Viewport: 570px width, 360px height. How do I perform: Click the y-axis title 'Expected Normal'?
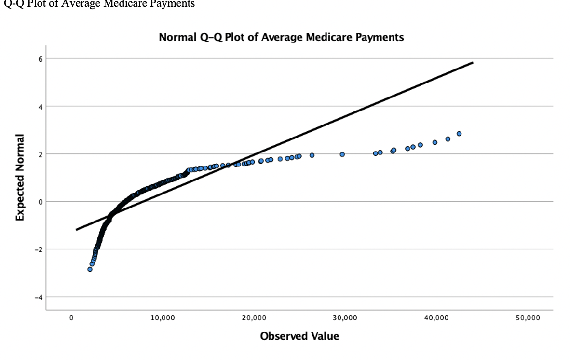coord(20,177)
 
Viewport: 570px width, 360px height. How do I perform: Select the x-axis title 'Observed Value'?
coord(299,336)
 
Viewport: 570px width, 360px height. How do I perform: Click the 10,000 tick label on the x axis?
coord(163,318)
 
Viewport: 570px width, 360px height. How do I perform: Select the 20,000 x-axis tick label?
coord(254,318)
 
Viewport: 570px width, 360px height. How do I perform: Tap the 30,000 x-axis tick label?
coord(345,318)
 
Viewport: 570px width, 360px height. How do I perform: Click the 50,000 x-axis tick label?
coord(527,318)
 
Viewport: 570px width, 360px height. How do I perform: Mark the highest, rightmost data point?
coord(459,134)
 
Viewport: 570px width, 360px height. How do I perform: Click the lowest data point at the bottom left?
coord(90,269)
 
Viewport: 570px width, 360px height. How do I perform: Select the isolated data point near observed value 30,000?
coord(342,154)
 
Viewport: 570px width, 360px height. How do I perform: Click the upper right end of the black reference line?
coord(473,63)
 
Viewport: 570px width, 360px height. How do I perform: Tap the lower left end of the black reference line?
coord(76,230)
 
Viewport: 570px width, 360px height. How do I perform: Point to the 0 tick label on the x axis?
coord(71,318)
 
